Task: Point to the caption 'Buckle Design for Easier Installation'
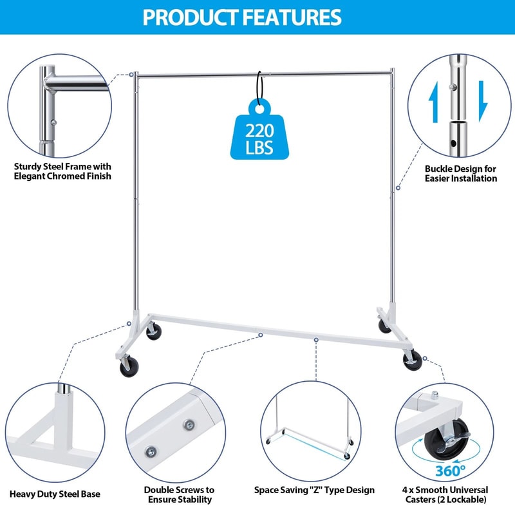point(460,173)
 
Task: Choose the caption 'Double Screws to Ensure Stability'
point(178,494)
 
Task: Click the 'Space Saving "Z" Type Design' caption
point(315,490)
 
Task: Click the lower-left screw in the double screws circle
point(151,451)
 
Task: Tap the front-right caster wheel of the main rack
point(413,361)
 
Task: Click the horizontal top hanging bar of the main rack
point(264,75)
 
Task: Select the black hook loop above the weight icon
point(261,86)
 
